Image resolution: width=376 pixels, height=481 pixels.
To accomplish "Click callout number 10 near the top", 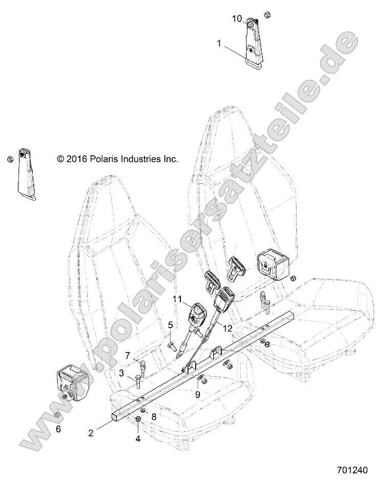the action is pos(237,18).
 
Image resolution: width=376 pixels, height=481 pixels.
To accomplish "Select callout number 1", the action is pos(220,44).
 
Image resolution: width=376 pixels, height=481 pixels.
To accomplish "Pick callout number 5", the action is pos(171,325).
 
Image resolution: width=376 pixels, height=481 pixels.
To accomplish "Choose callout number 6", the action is pos(58,429).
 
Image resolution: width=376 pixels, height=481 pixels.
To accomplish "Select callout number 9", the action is pos(197,394).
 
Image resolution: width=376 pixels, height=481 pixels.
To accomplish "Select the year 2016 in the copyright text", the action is pos(75,159).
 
